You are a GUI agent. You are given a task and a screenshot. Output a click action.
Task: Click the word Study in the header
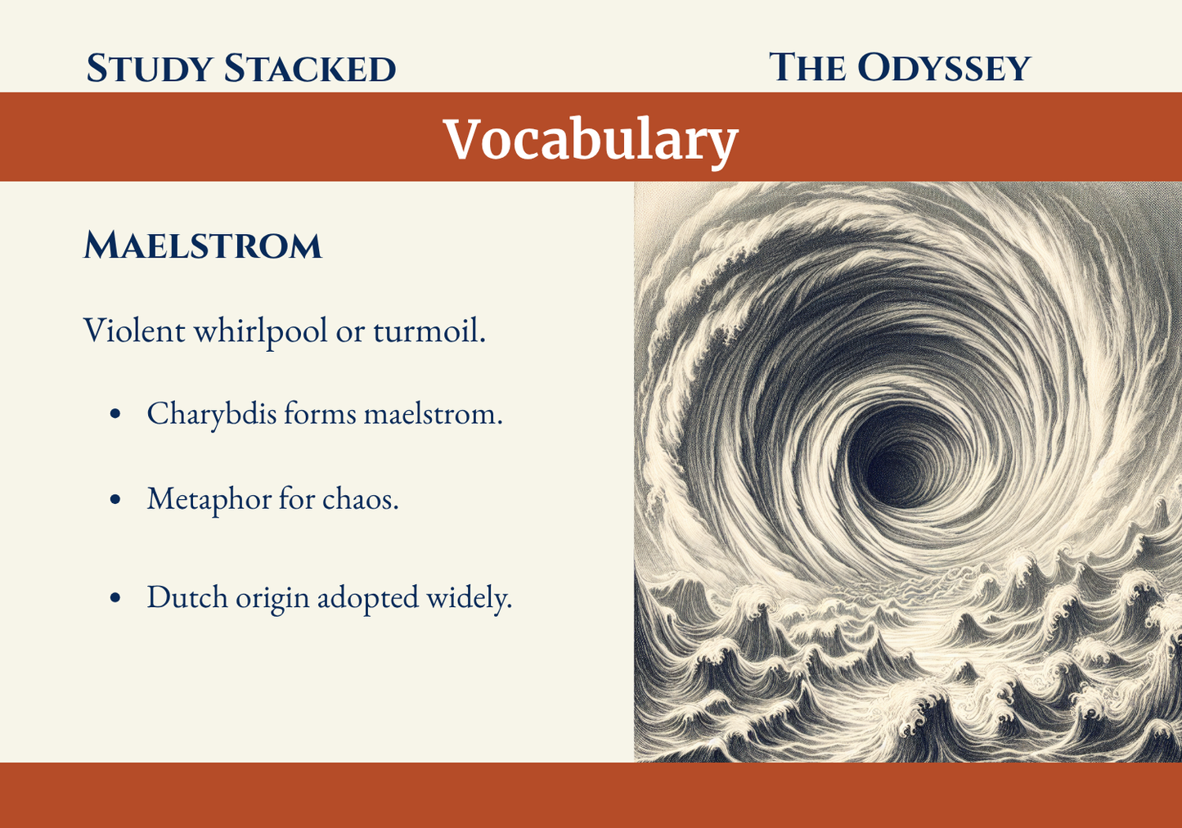click(x=149, y=69)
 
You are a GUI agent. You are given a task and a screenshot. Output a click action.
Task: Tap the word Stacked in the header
click(x=310, y=69)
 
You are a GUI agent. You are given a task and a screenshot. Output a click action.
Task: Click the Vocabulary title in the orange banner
click(x=591, y=140)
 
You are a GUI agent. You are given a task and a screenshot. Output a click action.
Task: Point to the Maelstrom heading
click(x=203, y=245)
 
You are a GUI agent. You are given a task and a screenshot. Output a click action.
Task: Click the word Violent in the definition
click(x=134, y=331)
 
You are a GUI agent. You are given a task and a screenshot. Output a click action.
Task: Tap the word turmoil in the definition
click(x=429, y=331)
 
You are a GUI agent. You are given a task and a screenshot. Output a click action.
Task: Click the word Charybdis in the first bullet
click(x=212, y=414)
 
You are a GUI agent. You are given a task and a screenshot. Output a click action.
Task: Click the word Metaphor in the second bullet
click(x=209, y=499)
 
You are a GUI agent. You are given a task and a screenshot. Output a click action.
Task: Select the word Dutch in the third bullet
click(x=187, y=597)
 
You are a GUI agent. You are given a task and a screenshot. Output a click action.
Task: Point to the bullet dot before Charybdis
click(x=115, y=414)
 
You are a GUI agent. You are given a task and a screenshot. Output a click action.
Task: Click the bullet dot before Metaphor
click(x=115, y=499)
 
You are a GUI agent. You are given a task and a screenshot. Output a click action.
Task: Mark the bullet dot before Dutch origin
click(x=115, y=598)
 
